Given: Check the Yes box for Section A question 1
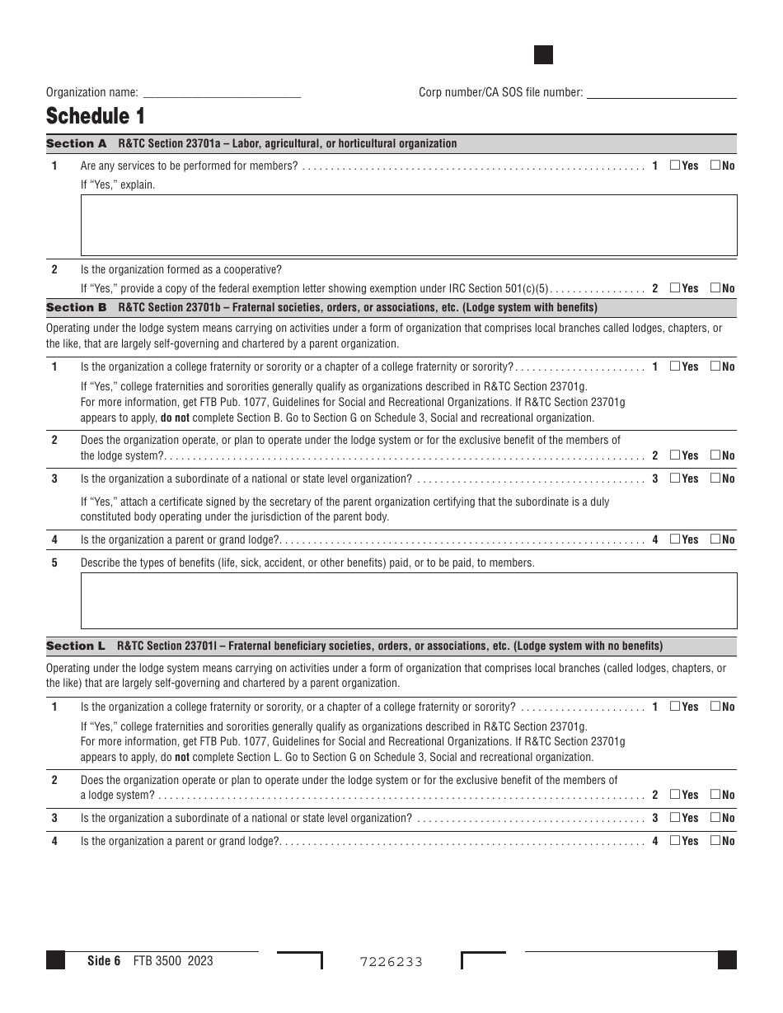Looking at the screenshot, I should (x=675, y=166).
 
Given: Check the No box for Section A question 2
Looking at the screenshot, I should (x=715, y=288).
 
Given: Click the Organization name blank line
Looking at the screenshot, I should (x=222, y=93).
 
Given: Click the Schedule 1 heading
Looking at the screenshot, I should (x=96, y=116).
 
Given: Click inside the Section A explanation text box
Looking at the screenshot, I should (x=408, y=225).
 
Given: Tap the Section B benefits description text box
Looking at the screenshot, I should (x=408, y=601).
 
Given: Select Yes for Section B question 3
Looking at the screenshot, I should (x=675, y=478).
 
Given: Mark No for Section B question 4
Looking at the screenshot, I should (x=715, y=539).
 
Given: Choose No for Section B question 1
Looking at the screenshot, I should (x=715, y=366).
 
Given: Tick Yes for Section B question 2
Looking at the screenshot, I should (x=675, y=455).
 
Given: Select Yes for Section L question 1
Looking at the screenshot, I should (x=675, y=707).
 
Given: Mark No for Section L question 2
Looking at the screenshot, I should (x=715, y=795).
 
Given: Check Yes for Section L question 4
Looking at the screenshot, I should (x=675, y=841).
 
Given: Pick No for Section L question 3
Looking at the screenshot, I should (x=715, y=818).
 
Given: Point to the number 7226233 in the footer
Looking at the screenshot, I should (x=391, y=962).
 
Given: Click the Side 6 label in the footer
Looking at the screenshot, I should (x=104, y=960).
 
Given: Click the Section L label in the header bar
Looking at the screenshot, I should (x=76, y=647).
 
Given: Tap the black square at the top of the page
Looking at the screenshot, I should (x=543, y=55).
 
